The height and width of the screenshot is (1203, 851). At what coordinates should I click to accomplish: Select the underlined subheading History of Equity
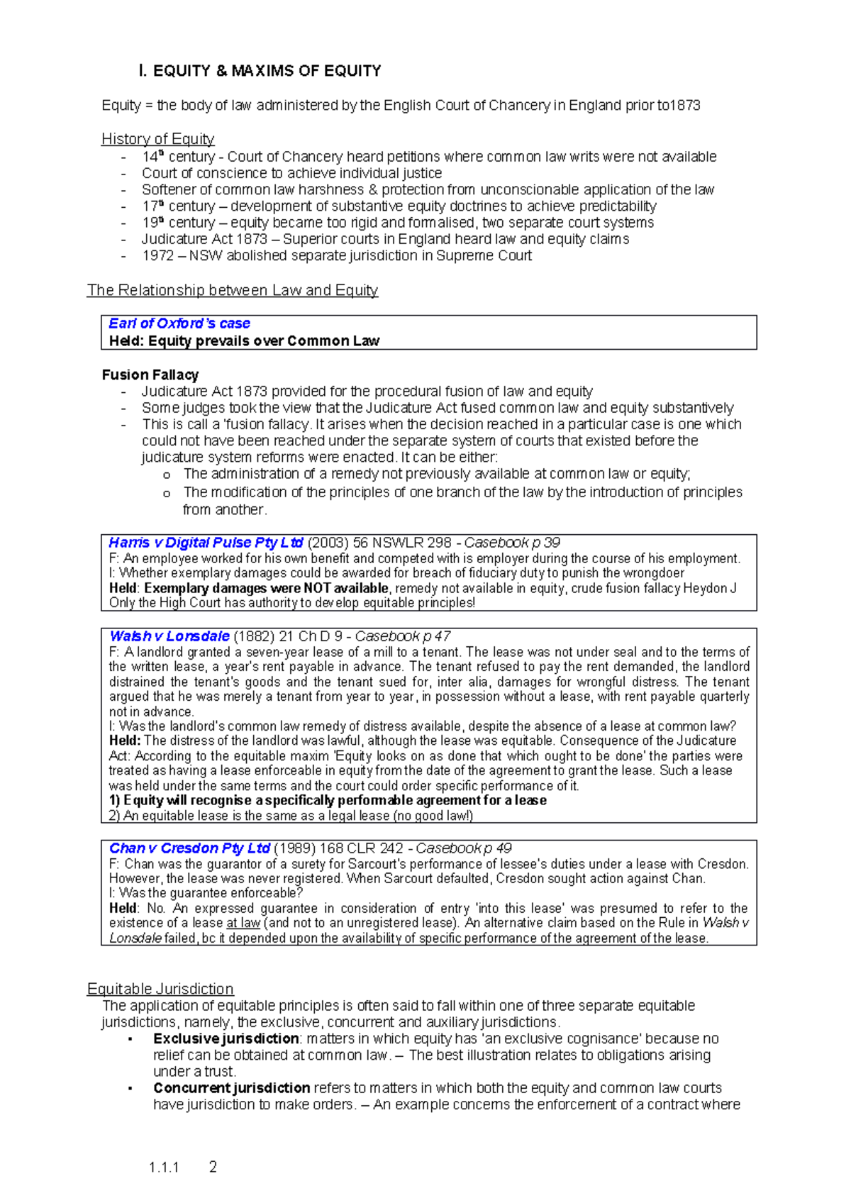point(157,139)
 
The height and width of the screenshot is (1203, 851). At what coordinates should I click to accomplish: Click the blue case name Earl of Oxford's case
point(179,323)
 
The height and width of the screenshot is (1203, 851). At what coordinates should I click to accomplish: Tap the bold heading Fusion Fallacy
point(150,375)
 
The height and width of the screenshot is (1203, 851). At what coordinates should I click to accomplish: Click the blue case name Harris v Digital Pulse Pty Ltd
point(206,543)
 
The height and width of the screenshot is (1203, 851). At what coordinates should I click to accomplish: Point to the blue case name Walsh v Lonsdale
point(169,636)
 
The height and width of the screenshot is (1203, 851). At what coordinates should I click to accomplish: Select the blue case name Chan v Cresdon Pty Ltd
point(189,848)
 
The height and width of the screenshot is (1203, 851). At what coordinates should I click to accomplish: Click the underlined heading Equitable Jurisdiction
point(160,989)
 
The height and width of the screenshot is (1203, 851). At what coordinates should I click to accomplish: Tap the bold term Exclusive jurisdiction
point(226,1038)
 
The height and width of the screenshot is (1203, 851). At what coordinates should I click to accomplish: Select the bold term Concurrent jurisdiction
point(231,1088)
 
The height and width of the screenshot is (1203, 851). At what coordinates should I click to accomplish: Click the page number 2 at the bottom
point(213,1167)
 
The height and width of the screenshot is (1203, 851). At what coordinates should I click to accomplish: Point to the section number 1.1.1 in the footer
point(164,1168)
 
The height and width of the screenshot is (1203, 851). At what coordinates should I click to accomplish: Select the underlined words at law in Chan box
point(243,923)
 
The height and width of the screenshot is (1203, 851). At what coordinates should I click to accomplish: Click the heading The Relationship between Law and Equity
point(233,290)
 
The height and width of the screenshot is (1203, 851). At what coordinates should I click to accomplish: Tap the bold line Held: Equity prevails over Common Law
point(244,341)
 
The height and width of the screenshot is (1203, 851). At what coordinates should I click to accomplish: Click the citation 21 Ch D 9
point(311,636)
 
